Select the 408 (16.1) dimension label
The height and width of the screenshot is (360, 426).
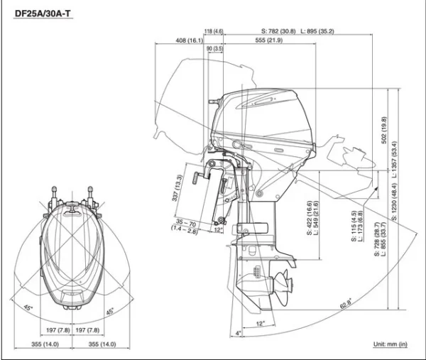coord(189,40)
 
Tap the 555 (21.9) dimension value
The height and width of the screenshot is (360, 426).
coord(269,40)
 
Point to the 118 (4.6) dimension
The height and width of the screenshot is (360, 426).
coord(213,31)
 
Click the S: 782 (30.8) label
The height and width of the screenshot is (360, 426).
coord(278,31)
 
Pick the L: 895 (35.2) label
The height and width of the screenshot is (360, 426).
coord(317,31)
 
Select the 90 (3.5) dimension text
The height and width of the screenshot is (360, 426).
coord(214,48)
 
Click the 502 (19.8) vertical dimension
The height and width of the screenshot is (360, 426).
coord(384,131)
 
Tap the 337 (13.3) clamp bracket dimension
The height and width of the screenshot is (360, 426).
coord(178,188)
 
